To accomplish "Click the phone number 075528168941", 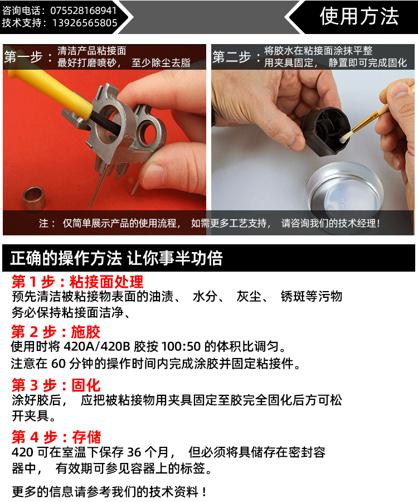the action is coord(84,11).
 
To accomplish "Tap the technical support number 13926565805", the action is coord(85,23).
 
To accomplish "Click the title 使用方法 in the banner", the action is coord(359,16).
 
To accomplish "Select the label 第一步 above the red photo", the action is coord(23,57).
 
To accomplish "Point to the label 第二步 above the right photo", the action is coord(231,57).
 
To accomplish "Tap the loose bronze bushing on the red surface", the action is coord(34,199).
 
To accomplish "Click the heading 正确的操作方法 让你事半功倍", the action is coord(116,258).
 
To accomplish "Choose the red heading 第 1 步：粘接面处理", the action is coord(77,282).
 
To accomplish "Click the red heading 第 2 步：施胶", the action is coord(56,332).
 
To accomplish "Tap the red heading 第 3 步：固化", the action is coord(56,385).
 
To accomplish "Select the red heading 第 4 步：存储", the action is coord(56,437).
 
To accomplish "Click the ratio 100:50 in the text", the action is coord(181,347).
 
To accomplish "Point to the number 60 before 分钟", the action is coord(59,364).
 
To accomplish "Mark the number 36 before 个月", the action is coord(134,452).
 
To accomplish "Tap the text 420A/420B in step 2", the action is coord(97,347).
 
